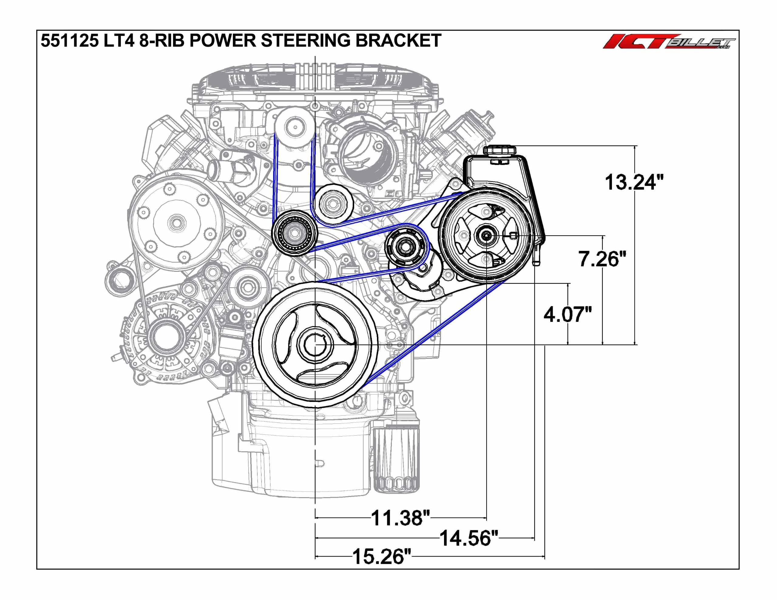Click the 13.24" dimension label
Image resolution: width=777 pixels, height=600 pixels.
[x=634, y=182]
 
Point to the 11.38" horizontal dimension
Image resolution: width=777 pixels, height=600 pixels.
[x=401, y=518]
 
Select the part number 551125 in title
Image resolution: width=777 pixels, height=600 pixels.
[x=70, y=40]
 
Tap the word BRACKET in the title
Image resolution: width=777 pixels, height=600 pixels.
[x=399, y=40]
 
